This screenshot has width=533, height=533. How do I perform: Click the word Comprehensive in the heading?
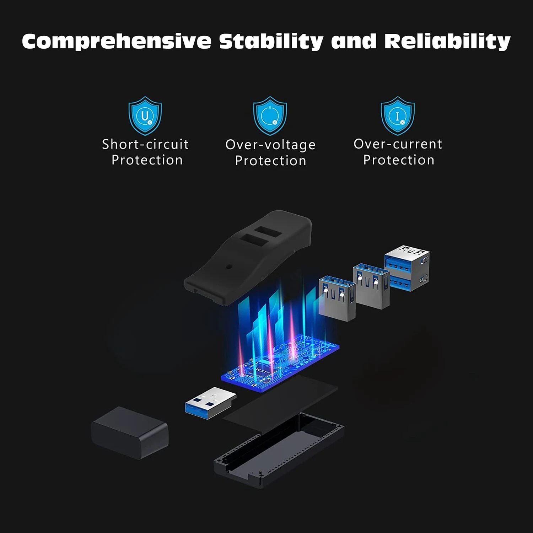pos(117,41)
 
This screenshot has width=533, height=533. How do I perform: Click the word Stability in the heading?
pos(271,41)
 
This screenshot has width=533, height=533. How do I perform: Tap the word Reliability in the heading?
pos(447,41)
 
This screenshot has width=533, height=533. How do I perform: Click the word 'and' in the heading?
pos(354,41)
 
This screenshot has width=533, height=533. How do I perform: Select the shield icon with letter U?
pos(145,115)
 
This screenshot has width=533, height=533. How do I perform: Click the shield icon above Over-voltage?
pos(270,115)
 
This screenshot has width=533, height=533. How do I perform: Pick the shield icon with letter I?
pos(398,115)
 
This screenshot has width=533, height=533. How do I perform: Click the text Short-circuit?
pos(145,144)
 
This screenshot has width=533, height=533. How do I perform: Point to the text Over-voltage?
pos(270,145)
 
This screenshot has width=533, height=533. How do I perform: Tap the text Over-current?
pos(398,144)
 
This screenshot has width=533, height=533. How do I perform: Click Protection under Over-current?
pos(398,160)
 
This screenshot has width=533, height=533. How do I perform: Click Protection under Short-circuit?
pos(147,160)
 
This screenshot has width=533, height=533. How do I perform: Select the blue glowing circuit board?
pos(281,366)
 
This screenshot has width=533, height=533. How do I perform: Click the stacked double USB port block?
pos(407,268)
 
